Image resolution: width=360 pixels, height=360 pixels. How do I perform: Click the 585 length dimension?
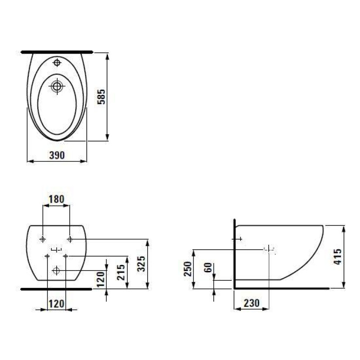coord(101,97)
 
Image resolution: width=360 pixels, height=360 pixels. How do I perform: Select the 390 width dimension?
coord(57,155)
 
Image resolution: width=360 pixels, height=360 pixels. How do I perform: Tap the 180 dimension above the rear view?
coord(56,198)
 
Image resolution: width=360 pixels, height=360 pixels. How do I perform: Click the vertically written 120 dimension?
coord(101,279)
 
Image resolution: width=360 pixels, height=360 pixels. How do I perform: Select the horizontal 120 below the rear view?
coord(56,303)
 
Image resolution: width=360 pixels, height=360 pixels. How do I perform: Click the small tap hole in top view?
coord(57,63)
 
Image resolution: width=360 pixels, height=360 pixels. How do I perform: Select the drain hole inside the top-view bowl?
coord(57,86)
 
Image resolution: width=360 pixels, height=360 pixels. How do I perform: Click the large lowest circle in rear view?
coord(56,270)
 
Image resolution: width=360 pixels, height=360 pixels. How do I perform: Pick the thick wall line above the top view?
coord(57,52)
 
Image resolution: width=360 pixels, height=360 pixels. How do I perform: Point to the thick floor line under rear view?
coord(56,289)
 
